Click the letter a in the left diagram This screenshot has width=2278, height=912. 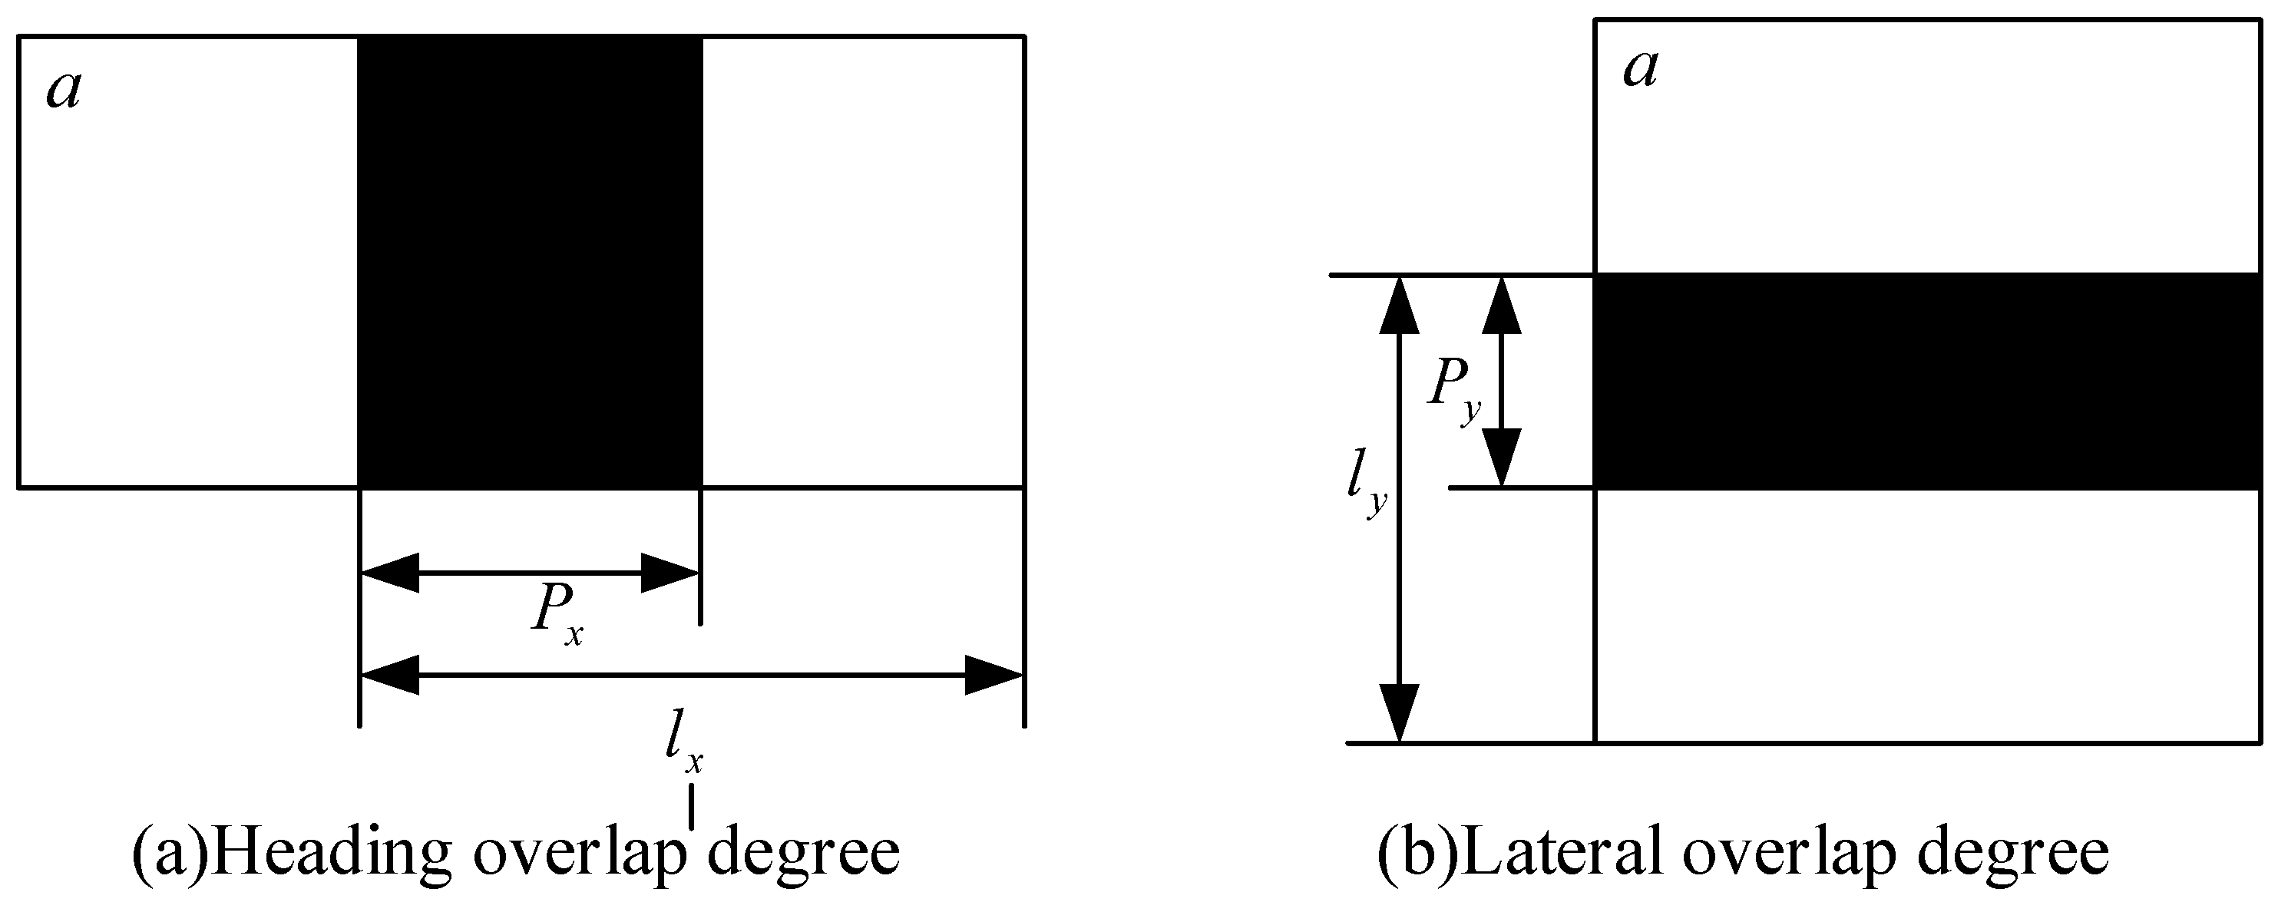pyautogui.click(x=63, y=91)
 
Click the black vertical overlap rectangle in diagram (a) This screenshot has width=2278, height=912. pyautogui.click(x=530, y=261)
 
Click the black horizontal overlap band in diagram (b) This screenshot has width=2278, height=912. pyautogui.click(x=1928, y=380)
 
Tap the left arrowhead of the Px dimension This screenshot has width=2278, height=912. pyautogui.click(x=390, y=573)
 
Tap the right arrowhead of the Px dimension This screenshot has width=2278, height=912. pyautogui.click(x=670, y=573)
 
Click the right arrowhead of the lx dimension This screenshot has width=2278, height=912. pyautogui.click(x=993, y=676)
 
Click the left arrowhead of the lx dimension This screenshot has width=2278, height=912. pyautogui.click(x=390, y=676)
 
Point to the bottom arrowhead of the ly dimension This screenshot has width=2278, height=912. pyautogui.click(x=1399, y=712)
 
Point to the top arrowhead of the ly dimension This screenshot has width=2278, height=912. pyautogui.click(x=1399, y=306)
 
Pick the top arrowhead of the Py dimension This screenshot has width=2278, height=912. pyautogui.click(x=1502, y=306)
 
